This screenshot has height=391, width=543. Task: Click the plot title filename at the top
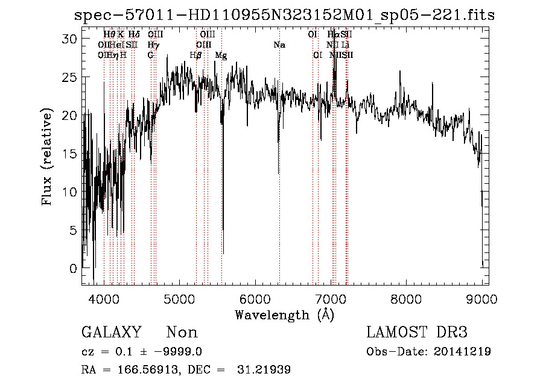[284, 15]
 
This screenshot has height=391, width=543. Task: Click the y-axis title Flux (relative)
[47, 157]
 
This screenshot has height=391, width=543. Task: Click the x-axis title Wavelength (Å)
[284, 314]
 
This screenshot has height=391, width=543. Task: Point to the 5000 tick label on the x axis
[179, 299]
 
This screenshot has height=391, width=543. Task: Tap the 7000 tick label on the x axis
[331, 299]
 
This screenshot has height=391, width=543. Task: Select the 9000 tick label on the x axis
[481, 299]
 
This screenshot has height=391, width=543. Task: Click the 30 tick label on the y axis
[71, 39]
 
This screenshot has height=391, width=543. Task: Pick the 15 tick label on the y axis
[71, 154]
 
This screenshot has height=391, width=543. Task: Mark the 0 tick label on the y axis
[74, 269]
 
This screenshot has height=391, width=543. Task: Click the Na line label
[279, 45]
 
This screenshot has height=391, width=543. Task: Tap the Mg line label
[221, 55]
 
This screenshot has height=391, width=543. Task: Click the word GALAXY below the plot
[111, 333]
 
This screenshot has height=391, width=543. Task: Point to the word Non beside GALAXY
[182, 333]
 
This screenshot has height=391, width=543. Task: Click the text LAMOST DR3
[417, 333]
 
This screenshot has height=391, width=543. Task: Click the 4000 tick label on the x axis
[104, 299]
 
